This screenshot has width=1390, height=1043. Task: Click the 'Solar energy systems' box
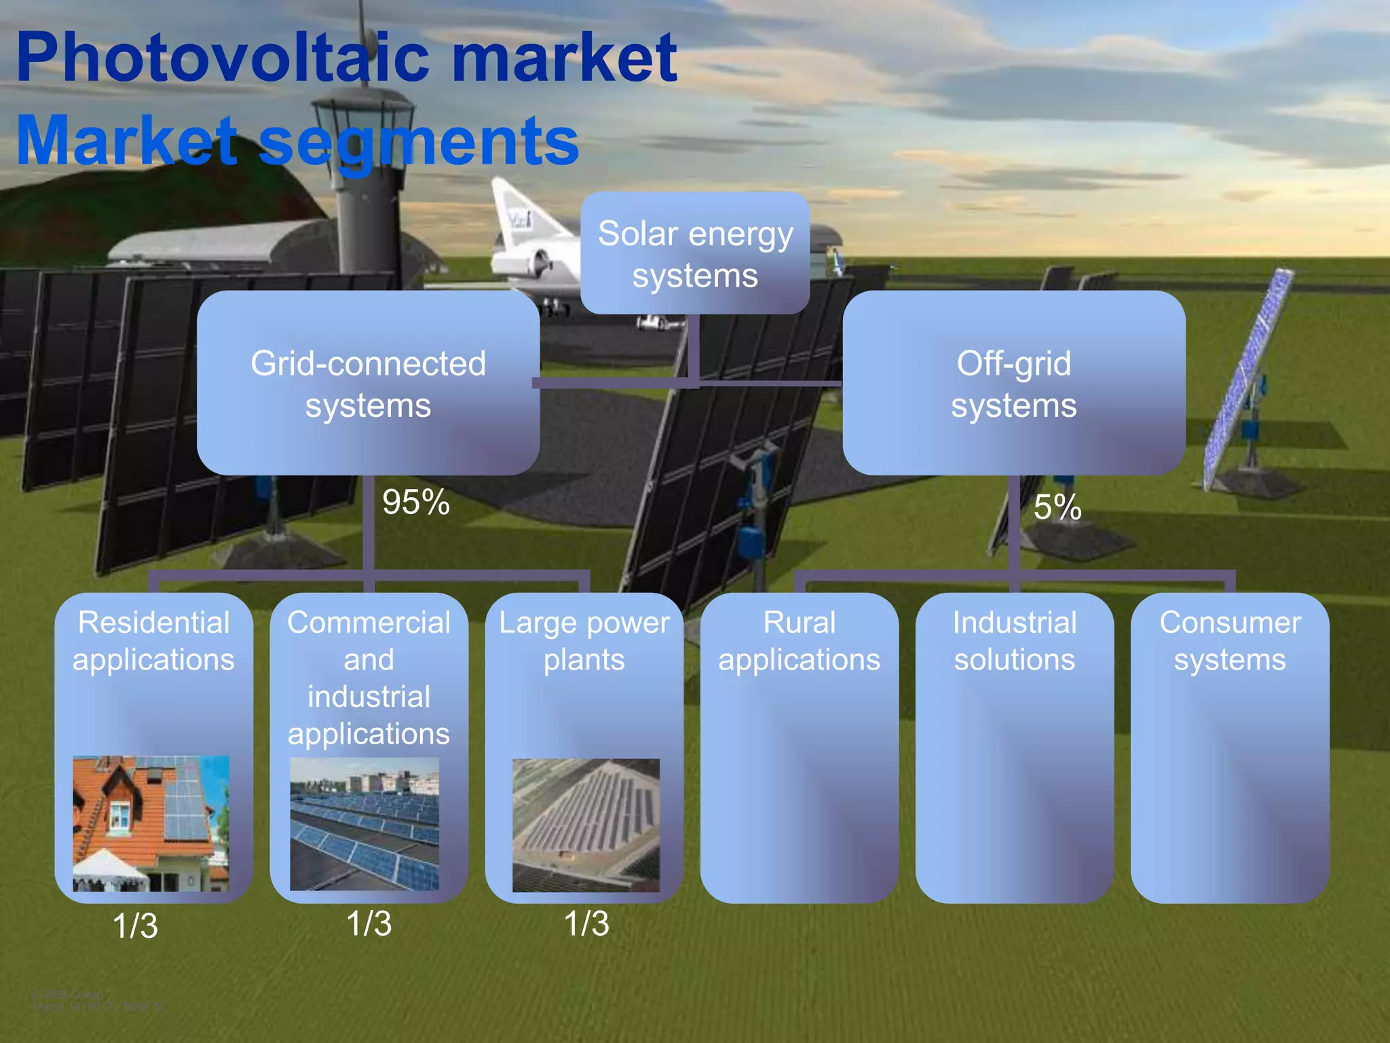(694, 253)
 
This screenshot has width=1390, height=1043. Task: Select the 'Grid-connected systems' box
(368, 384)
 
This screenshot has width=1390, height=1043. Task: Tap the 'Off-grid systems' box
(1013, 384)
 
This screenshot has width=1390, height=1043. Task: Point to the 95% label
(415, 502)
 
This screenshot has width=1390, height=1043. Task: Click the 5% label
(1057, 507)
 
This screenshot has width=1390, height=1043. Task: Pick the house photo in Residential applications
(151, 823)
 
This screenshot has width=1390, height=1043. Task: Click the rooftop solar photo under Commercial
(364, 824)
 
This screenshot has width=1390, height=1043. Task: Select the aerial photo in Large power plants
(586, 825)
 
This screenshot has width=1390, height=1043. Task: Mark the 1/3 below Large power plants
(586, 923)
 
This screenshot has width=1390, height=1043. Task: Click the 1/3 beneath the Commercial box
(369, 923)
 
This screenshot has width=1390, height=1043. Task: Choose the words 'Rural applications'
(799, 641)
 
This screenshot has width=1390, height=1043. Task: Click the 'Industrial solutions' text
(1014, 641)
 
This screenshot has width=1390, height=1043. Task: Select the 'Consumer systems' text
(1229, 641)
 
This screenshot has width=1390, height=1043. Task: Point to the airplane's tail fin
(516, 211)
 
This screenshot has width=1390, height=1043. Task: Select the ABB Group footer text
(68, 995)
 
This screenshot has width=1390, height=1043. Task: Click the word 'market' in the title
(563, 58)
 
